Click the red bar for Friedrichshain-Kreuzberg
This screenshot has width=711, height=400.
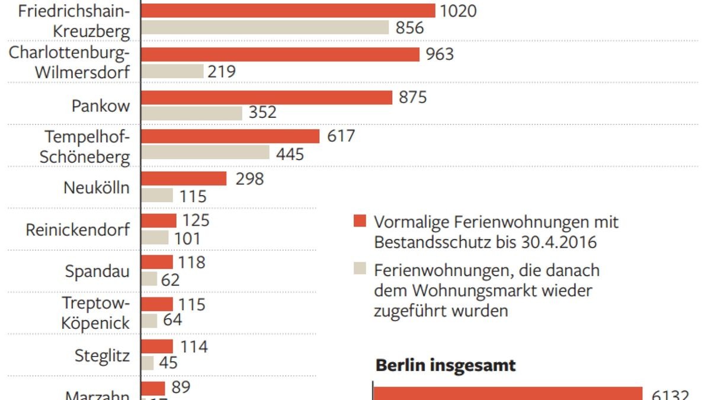288,11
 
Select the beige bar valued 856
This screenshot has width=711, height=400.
265,28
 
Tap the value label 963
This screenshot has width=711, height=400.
440,55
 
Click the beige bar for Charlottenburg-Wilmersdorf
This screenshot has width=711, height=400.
172,72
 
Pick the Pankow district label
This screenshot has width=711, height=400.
100,106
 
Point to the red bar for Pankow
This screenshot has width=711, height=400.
267,98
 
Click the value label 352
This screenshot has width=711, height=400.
262,113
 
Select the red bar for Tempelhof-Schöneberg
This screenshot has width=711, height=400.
230,136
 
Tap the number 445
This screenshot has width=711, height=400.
290,155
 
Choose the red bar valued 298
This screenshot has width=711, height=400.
184,179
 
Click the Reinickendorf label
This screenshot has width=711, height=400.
78,230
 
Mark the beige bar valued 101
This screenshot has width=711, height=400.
155,238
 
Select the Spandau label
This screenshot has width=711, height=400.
97,272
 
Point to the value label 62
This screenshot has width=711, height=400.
170,279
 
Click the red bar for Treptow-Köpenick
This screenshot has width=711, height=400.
157,305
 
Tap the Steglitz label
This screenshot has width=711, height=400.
102,356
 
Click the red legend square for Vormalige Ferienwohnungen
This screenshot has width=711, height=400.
359,222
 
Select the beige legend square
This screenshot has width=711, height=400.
359,268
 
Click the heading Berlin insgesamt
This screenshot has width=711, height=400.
446,365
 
